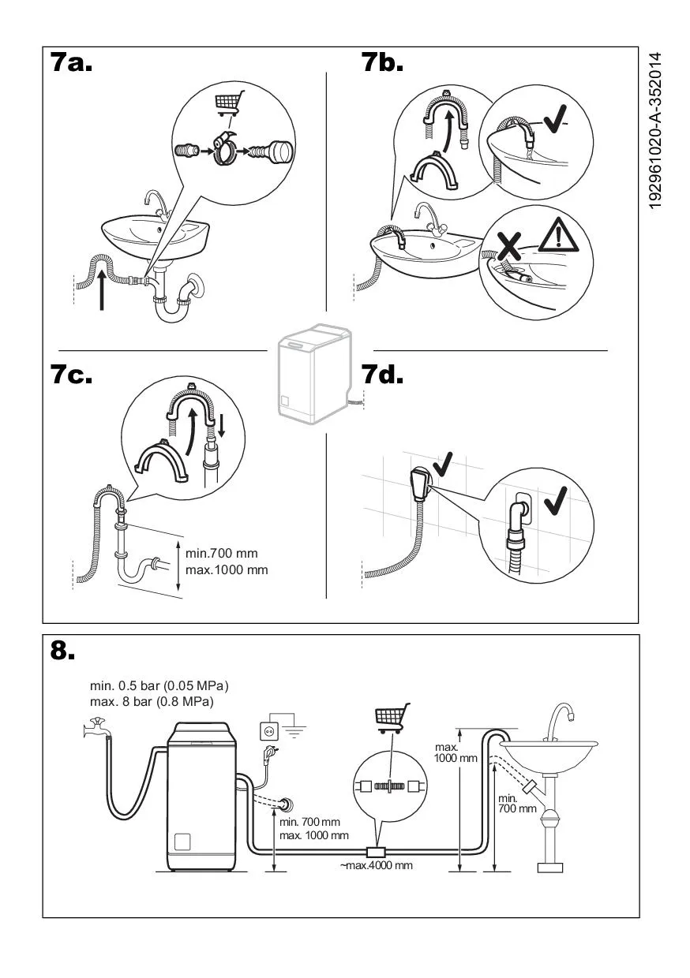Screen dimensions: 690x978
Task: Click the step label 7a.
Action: tap(71, 62)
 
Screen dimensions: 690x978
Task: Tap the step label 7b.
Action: tap(382, 62)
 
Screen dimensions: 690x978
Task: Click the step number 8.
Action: tap(62, 651)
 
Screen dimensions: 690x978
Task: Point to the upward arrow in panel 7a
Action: tap(102, 290)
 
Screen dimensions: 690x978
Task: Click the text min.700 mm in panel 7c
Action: tap(222, 553)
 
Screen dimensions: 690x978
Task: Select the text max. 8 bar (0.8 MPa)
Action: tap(152, 702)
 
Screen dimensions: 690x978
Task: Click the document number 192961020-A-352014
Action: tap(655, 131)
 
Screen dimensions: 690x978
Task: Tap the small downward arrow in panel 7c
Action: tap(222, 426)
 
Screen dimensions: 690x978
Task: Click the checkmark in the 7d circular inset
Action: tap(556, 500)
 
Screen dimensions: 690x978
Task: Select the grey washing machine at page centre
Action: tap(315, 373)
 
